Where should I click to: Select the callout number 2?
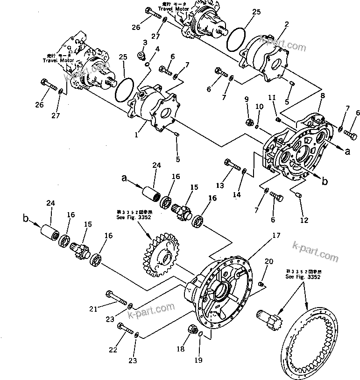(286, 24)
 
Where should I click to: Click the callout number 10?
(260, 107)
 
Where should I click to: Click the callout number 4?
(157, 49)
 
